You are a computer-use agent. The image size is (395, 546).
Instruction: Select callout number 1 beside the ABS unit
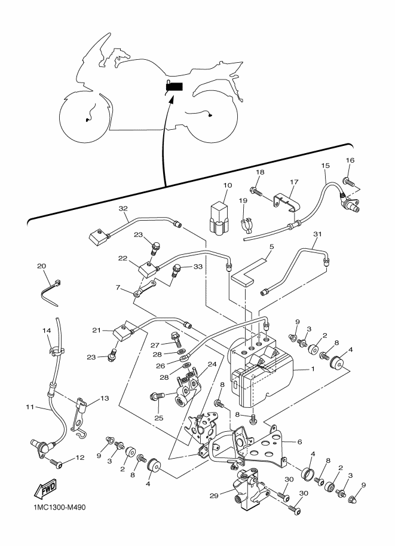312,369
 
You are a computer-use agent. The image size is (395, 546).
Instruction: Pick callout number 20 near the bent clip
41,266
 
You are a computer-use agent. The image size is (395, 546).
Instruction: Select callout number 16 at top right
350,160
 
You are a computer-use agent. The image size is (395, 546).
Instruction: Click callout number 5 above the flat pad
271,246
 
